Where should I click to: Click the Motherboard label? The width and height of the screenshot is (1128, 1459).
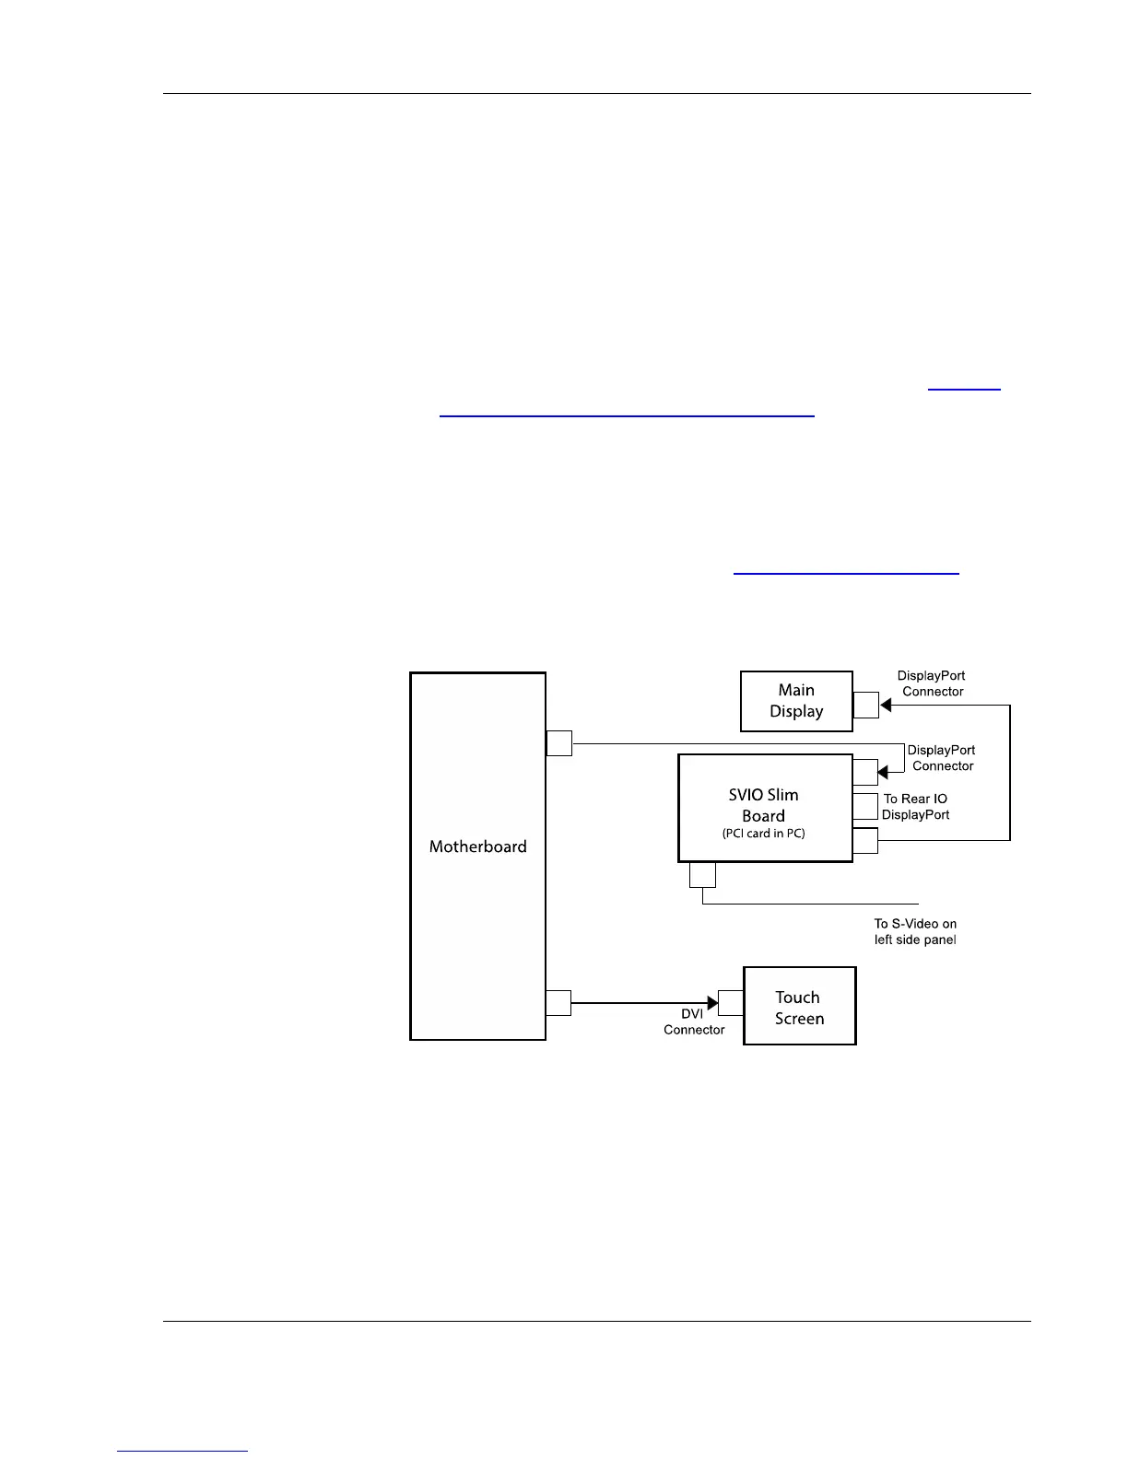point(477,846)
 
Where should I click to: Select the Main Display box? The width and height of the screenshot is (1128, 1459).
point(796,701)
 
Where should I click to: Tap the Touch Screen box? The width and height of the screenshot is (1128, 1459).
point(799,1007)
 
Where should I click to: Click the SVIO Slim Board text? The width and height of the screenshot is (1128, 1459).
point(763,805)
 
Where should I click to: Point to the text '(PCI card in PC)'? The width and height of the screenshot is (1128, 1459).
point(764,835)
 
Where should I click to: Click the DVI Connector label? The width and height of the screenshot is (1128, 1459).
point(694,1021)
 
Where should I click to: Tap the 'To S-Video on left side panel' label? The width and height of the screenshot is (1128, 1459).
point(915,931)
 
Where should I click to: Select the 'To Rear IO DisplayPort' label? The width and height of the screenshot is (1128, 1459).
point(915,807)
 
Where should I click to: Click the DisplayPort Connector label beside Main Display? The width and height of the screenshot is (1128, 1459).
point(933,683)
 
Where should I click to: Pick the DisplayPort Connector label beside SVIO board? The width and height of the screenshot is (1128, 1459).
point(942,758)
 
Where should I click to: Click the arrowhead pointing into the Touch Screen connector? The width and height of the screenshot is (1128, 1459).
point(712,1003)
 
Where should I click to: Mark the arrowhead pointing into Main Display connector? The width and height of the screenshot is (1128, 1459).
point(886,706)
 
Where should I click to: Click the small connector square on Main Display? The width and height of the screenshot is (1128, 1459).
point(865,705)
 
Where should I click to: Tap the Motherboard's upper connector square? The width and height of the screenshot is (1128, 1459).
point(559,742)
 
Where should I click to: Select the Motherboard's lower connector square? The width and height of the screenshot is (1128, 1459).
point(558,1003)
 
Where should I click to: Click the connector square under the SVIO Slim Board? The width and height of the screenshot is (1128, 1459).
point(702,874)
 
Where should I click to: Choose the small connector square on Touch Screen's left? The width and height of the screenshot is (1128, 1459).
point(731,1003)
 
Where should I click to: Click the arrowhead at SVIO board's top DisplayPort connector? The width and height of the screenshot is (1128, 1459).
point(883,772)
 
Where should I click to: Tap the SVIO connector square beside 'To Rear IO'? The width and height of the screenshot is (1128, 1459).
point(865,806)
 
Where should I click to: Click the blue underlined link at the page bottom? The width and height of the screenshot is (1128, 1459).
point(182,1451)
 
